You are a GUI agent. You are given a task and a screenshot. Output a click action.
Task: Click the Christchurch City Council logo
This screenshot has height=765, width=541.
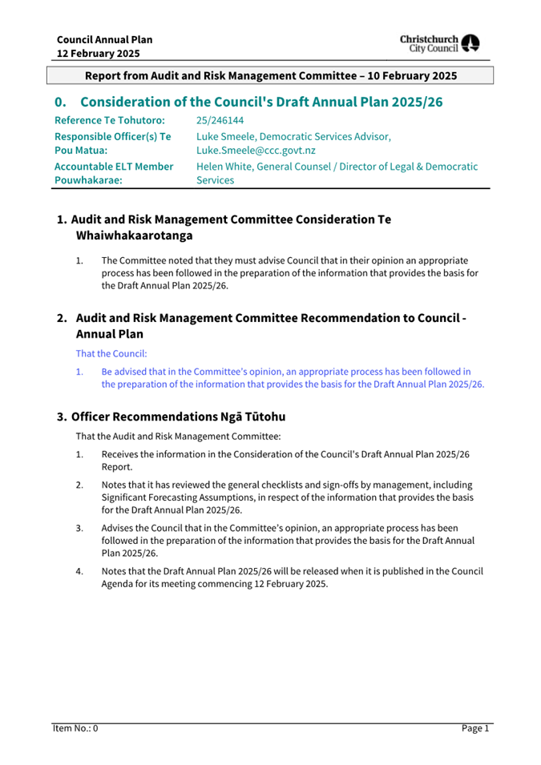(440, 43)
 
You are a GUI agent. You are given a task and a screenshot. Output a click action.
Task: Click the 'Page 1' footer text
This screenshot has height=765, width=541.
(474, 728)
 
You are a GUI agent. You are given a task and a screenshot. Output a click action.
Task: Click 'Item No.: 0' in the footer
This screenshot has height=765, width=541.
(75, 728)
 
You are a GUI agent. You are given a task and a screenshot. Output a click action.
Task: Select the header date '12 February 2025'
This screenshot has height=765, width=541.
(98, 54)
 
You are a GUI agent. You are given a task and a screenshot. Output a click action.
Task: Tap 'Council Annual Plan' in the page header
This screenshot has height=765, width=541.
(104, 39)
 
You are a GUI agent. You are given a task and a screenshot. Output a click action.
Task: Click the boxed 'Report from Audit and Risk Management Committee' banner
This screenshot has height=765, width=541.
(270, 75)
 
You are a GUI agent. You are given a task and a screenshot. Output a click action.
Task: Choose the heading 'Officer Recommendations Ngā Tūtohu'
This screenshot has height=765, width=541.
(178, 417)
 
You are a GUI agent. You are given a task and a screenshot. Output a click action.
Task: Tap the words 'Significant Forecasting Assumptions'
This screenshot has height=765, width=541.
(179, 497)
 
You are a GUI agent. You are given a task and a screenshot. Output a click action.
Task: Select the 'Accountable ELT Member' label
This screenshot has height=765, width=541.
(114, 166)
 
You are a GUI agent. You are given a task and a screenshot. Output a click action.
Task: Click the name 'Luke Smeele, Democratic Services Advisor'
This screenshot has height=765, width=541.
(293, 136)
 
